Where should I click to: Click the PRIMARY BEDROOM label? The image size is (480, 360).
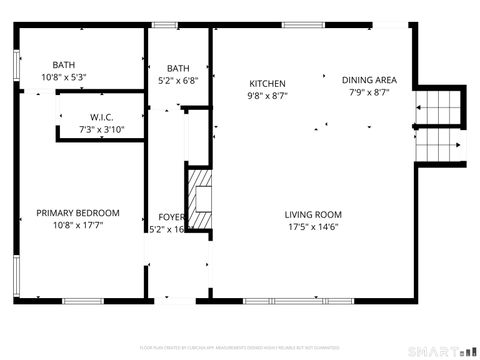(x=78, y=213)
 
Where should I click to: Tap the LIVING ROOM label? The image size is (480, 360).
(x=313, y=215)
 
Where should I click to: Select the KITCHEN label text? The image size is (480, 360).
(x=267, y=84)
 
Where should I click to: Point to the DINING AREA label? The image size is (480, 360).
(x=369, y=80)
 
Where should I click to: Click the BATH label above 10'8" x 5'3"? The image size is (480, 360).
(x=64, y=64)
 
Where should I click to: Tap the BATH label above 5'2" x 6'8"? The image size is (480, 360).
(x=178, y=68)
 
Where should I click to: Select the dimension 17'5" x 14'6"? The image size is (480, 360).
(x=313, y=228)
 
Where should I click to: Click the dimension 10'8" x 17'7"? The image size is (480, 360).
(x=78, y=226)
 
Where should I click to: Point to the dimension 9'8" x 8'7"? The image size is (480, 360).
(x=267, y=97)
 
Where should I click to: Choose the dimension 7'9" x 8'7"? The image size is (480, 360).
(x=369, y=93)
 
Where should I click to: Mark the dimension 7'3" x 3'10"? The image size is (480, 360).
(x=102, y=130)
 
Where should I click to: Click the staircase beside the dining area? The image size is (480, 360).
(x=441, y=125)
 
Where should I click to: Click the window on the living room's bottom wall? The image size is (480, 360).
(x=284, y=301)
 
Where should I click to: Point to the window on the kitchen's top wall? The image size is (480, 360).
(x=296, y=24)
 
